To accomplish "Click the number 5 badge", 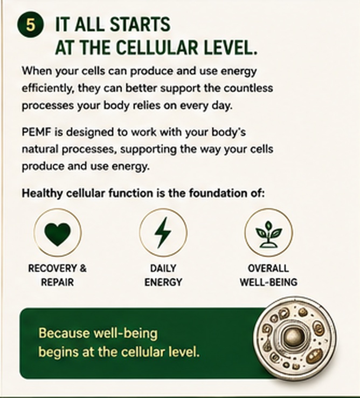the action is coord(30,25).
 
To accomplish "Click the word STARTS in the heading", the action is coord(140,25).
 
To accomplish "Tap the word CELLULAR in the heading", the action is coord(157,47).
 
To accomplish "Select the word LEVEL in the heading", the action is coord(230,47).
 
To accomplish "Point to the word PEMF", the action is coord(37,132).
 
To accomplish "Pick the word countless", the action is coord(248,88).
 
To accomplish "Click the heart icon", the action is coord(57,234).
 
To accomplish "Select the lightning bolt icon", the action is coord(163,232).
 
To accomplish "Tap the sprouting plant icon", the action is coord(269,234).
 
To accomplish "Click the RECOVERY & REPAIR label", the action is coord(57,276).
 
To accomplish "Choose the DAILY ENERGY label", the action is coord(163,276).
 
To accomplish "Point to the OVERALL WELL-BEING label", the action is coord(269,276).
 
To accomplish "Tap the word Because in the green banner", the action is coord(64,333).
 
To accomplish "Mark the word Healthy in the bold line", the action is coord(43,194).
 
